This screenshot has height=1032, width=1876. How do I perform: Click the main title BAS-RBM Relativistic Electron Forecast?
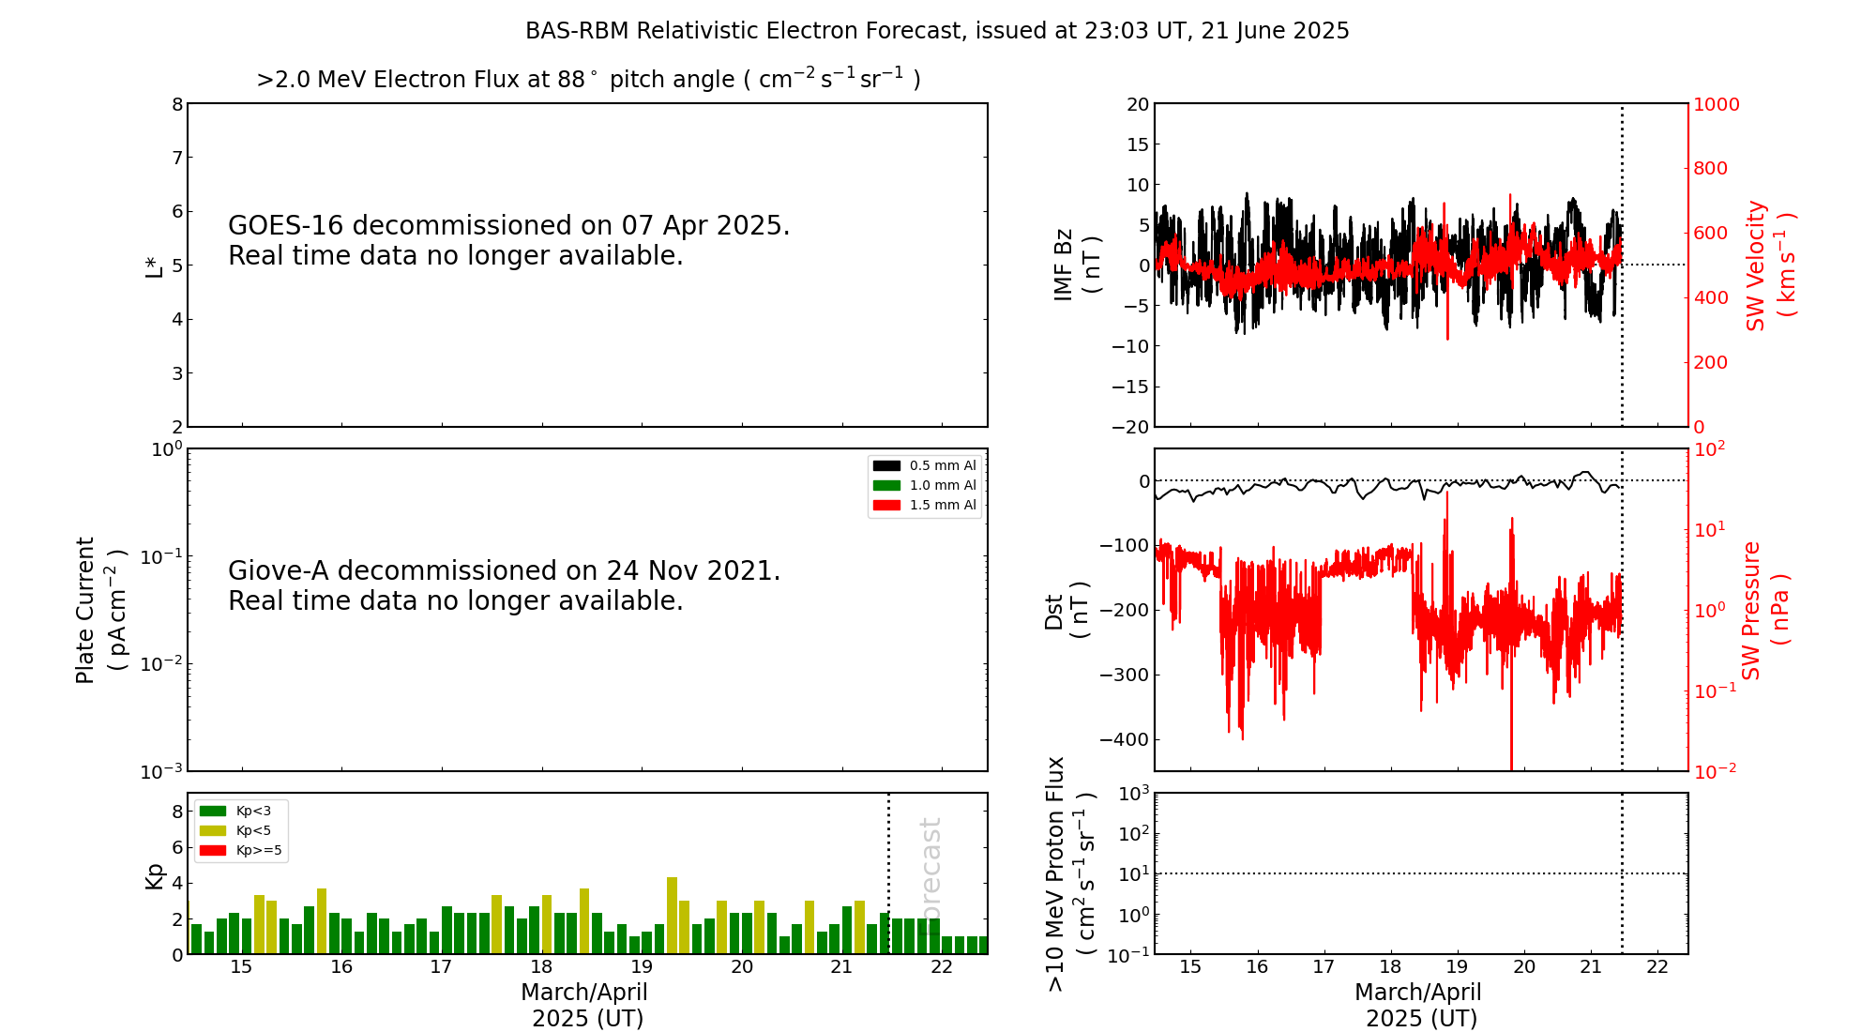pos(937,31)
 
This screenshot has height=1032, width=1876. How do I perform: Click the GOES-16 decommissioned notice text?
pos(508,240)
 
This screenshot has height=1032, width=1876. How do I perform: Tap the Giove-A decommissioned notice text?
pos(504,585)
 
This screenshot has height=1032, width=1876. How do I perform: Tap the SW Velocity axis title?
pos(1769,266)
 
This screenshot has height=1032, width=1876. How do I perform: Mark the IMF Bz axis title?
pos(1076,266)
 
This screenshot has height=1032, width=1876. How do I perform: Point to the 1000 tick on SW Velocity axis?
pos(1716,105)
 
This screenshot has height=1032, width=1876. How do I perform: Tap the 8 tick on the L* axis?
pos(177,104)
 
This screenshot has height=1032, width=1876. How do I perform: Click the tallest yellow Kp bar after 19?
pos(672,915)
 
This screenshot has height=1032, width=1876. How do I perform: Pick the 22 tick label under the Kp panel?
pos(941,967)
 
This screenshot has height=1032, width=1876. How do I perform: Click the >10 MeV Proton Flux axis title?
pos(1070,874)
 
